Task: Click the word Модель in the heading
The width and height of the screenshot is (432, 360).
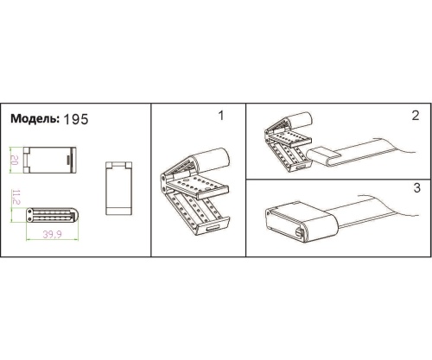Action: pos(35,118)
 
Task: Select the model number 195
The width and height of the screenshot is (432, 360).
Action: pos(75,119)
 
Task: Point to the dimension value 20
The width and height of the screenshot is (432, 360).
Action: pos(15,160)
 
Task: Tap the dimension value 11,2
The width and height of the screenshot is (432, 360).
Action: pos(16,197)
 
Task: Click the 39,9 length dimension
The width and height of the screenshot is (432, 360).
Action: pos(52,235)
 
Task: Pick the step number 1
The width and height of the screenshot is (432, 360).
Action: pos(221,116)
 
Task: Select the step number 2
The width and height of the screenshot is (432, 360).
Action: pos(416,116)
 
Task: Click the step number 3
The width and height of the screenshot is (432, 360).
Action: pos(416,188)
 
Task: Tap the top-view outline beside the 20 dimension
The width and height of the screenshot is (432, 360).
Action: pos(50,160)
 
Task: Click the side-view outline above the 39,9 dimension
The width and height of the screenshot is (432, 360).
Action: pos(53,215)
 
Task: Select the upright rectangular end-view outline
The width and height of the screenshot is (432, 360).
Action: pos(119,188)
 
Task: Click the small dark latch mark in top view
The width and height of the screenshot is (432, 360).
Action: pos(68,160)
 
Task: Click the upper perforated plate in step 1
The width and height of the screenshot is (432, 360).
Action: pos(199,186)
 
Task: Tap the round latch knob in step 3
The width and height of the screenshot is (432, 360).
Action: pos(299,233)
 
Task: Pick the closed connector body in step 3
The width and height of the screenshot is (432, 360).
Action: pos(301,223)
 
